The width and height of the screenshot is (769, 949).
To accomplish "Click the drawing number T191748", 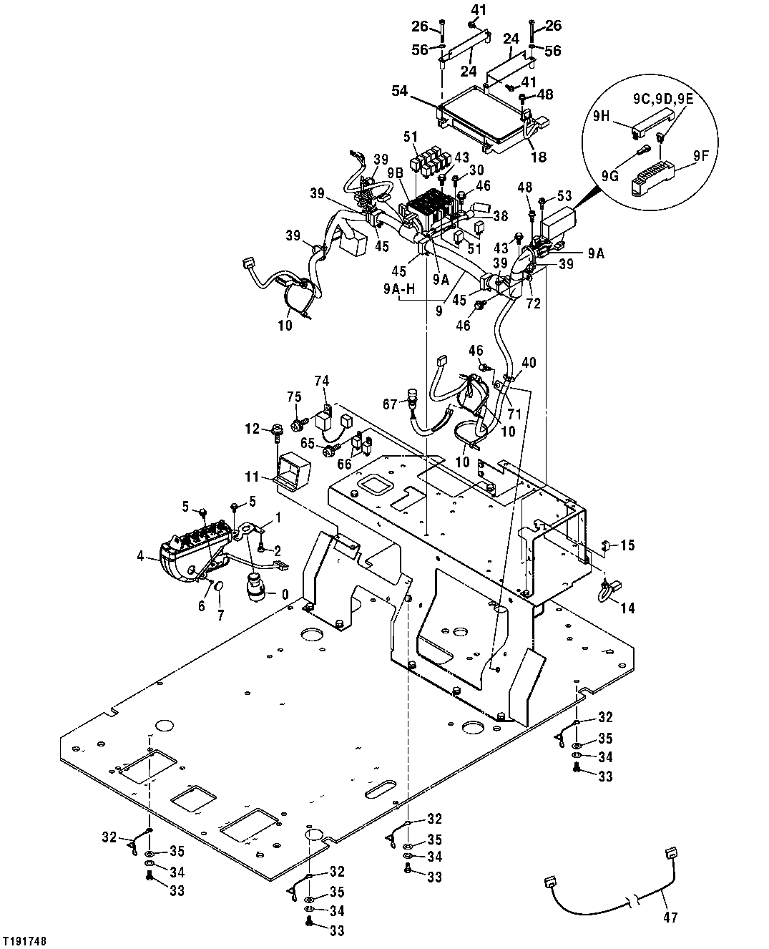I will click(x=29, y=939).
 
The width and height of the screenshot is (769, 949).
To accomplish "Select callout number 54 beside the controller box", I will click(x=401, y=91).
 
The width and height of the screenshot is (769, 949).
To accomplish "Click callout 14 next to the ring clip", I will click(x=627, y=608).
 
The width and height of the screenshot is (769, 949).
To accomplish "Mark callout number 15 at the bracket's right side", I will click(x=627, y=546).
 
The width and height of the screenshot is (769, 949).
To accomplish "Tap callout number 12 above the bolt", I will click(x=253, y=429).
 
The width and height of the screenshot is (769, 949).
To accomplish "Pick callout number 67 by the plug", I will click(x=391, y=404).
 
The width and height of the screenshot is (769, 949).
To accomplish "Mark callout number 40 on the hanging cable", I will click(x=529, y=363).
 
